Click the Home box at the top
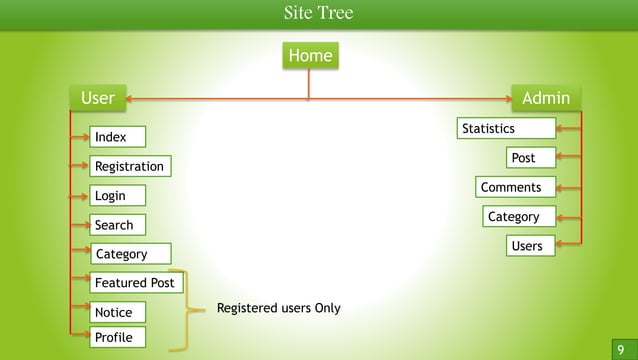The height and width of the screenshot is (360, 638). pos(309,56)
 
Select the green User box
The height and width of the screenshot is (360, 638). pos(98,98)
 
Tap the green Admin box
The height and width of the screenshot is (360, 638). pos(546,98)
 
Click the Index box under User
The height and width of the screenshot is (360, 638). pos(116,136)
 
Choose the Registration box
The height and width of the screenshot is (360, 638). pos(128,165)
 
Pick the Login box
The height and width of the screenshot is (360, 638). pos(116,195)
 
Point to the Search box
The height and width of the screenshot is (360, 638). pos(116,225)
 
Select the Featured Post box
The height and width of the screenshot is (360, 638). pos(134,283)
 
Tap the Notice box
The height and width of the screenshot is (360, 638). pos(116,312)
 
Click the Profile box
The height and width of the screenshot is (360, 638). pos(116,337)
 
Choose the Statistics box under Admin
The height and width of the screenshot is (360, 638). pos(505,128)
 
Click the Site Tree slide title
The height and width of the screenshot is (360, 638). pos(318,13)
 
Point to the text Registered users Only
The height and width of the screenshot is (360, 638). pos(278,308)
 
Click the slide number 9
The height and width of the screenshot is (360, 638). pos(620,349)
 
